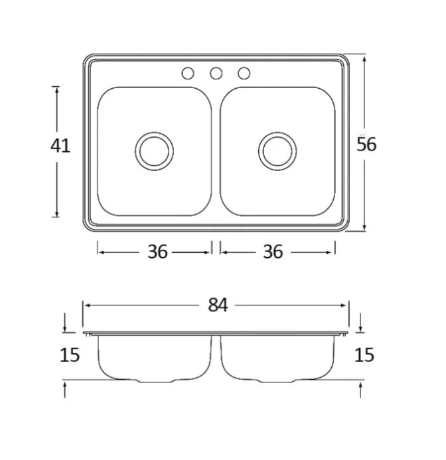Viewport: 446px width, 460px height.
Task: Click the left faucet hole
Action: tap(188, 73)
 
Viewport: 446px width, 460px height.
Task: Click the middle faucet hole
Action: tap(216, 73)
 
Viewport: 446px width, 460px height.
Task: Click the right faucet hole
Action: tap(244, 73)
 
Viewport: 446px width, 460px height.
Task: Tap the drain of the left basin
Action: tap(155, 150)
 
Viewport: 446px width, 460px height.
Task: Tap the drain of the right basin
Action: tap(277, 150)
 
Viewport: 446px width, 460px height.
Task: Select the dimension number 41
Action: tap(60, 145)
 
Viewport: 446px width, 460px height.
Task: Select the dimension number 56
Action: tap(366, 144)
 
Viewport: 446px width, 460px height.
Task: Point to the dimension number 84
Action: tap(218, 305)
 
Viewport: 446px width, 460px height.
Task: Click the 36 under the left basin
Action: tap(157, 252)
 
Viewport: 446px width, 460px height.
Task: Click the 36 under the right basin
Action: tap(273, 252)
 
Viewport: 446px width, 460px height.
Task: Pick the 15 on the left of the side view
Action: tap(69, 355)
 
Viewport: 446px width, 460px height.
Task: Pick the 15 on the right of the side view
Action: tap(364, 355)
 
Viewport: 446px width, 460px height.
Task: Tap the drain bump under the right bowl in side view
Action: tap(279, 381)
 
